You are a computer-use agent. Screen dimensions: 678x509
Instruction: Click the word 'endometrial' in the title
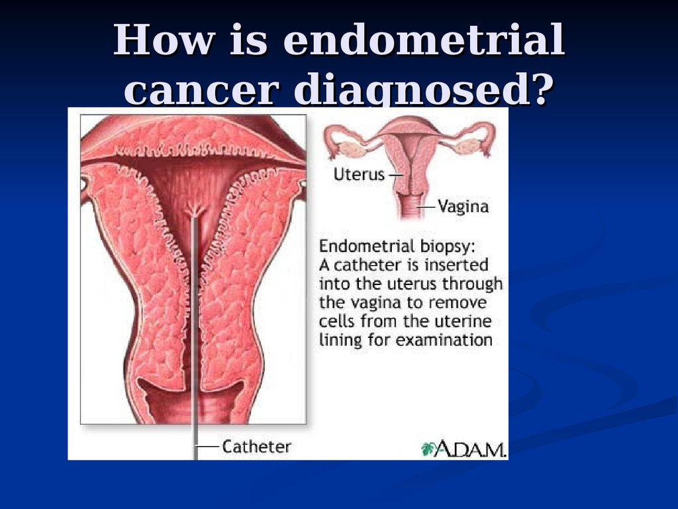click(424, 40)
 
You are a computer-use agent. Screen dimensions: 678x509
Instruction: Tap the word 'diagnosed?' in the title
click(426, 89)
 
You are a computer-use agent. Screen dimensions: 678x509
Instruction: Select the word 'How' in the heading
click(164, 40)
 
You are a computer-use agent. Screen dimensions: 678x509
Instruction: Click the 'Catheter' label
click(256, 447)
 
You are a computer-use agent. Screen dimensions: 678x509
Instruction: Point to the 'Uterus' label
click(359, 174)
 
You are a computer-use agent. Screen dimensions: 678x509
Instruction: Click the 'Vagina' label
click(463, 207)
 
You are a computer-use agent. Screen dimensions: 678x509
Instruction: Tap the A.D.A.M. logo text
click(470, 449)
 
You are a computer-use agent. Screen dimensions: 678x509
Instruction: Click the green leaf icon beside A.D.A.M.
click(428, 449)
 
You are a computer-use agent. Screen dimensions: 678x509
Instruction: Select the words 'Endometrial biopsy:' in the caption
click(397, 247)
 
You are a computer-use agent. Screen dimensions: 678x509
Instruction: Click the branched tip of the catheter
click(195, 211)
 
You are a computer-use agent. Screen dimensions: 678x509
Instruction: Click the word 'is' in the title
click(248, 40)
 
